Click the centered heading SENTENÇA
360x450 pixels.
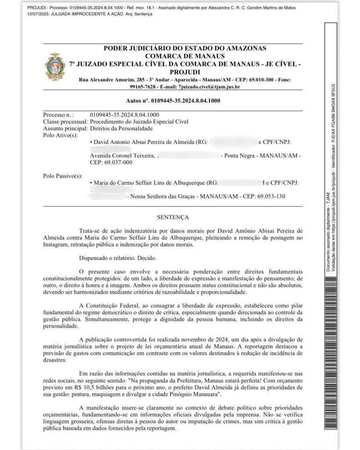tap(173, 217)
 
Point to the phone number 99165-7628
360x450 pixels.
tap(93, 87)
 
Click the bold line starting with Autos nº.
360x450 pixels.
tap(173, 101)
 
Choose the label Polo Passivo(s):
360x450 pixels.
tap(62, 176)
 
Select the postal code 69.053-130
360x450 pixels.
tap(268, 196)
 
